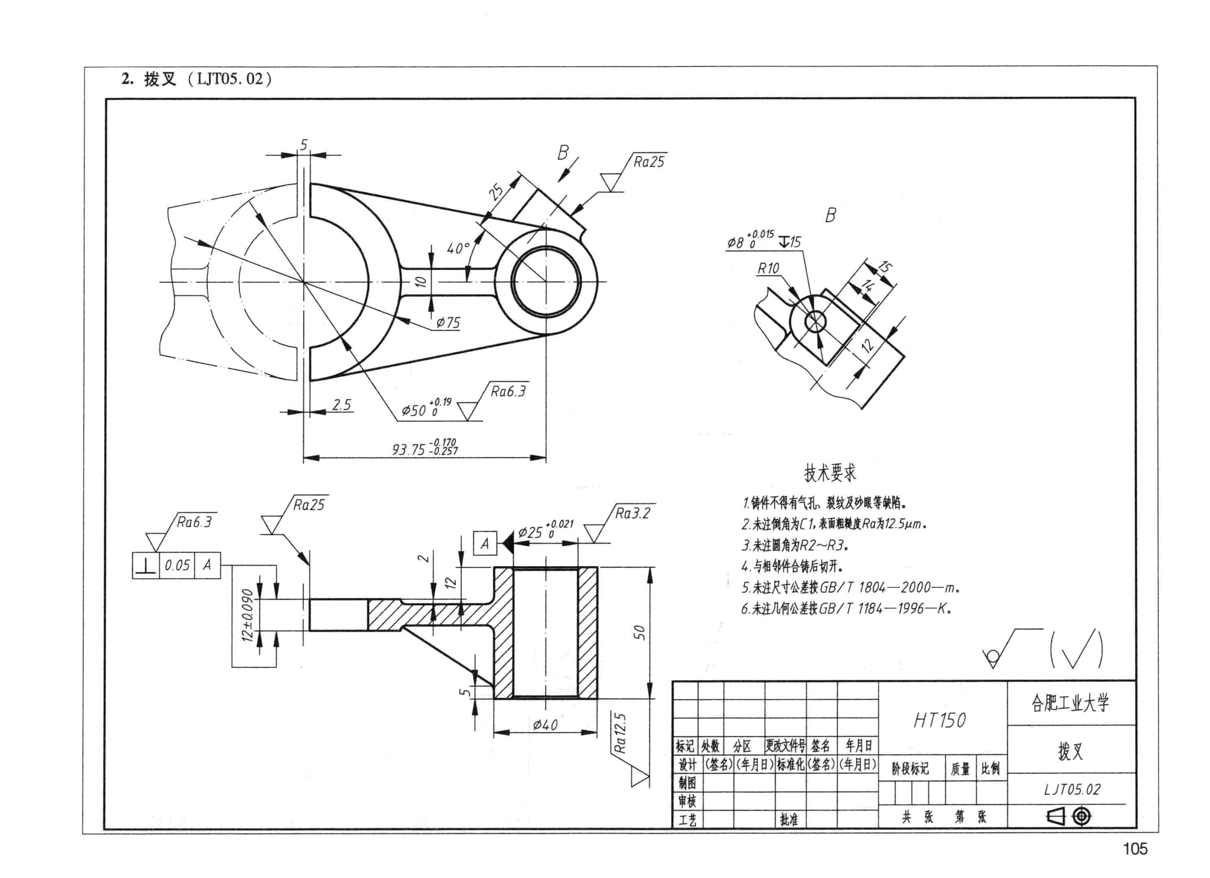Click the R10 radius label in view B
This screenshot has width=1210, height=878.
[768, 268]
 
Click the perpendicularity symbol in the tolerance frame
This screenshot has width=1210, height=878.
[145, 565]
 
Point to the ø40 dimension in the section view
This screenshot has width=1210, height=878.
[545, 724]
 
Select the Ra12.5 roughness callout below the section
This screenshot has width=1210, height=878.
[620, 733]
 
